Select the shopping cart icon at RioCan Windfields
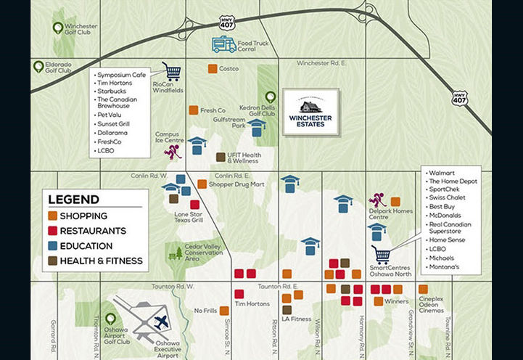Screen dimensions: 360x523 pyautogui.click(x=171, y=70)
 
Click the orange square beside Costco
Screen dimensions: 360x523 pyautogui.click(x=213, y=69)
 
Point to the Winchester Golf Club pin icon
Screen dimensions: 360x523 pyautogui.click(x=58, y=28)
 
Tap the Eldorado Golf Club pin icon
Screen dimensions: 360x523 pyautogui.click(x=38, y=66)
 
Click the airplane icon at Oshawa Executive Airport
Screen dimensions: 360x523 pyautogui.click(x=160, y=322)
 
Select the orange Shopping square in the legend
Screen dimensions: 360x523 pyautogui.click(x=53, y=216)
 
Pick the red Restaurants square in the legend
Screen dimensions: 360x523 pyautogui.click(x=53, y=231)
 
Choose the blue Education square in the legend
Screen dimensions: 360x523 pyautogui.click(x=53, y=246)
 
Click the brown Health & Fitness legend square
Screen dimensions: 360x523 pyautogui.click(x=53, y=261)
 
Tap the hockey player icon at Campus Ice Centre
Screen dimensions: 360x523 pyautogui.click(x=173, y=152)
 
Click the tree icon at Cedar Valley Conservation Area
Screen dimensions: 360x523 pyautogui.click(x=176, y=253)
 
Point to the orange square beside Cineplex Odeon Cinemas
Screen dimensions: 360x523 pyautogui.click(x=423, y=289)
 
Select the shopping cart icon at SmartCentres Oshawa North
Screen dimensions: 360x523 pyautogui.click(x=381, y=255)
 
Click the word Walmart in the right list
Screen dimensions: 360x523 pyautogui.click(x=442, y=173)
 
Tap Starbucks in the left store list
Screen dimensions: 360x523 pyautogui.click(x=111, y=93)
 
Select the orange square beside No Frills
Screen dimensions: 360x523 pyautogui.click(x=224, y=311)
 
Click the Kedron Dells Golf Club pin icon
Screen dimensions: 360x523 pyautogui.click(x=270, y=97)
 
